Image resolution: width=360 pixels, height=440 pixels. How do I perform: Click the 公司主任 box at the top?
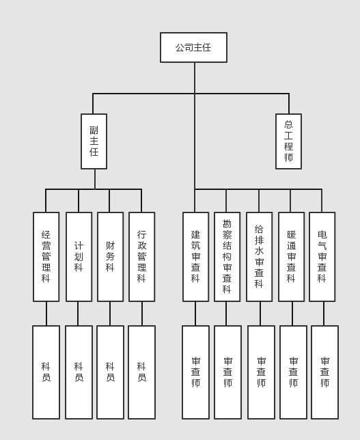coord(193,47)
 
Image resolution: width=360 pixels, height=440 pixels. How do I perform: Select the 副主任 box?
coord(94,141)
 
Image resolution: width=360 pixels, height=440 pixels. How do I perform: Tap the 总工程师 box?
coord(288,141)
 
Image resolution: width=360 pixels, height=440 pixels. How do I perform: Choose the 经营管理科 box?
coord(46,257)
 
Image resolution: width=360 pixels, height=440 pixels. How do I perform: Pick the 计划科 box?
coord(79,257)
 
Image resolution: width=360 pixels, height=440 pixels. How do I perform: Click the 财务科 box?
coord(110,257)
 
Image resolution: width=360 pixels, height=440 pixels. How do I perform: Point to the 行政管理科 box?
coord(141,257)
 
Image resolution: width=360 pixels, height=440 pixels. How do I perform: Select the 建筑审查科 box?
coord(195,257)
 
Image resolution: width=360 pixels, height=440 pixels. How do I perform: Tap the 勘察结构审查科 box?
coord(227,257)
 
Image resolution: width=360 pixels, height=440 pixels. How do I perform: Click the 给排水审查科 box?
coord(260,257)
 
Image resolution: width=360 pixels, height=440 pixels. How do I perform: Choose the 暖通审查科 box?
coord(291,257)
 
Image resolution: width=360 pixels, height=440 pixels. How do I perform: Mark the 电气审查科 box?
coord(322,257)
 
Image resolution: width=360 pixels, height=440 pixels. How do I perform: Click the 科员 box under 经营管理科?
coord(46,372)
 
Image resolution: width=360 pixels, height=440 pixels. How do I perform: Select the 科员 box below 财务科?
coord(110,372)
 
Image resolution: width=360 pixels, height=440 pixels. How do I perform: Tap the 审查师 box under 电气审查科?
coord(324,372)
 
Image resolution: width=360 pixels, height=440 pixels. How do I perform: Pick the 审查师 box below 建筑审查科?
coord(195,372)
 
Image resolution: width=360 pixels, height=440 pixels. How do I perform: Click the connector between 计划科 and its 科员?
coord(78,314)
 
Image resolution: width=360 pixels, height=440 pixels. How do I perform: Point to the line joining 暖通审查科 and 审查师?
coord(292,314)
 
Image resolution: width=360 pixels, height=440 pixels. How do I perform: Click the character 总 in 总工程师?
coord(288,124)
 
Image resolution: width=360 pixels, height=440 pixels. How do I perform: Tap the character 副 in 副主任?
coord(94,130)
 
